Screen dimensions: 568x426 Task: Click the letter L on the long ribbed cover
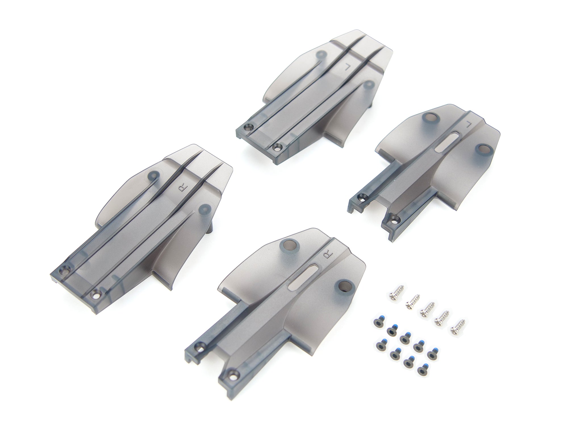coord(347,67)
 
